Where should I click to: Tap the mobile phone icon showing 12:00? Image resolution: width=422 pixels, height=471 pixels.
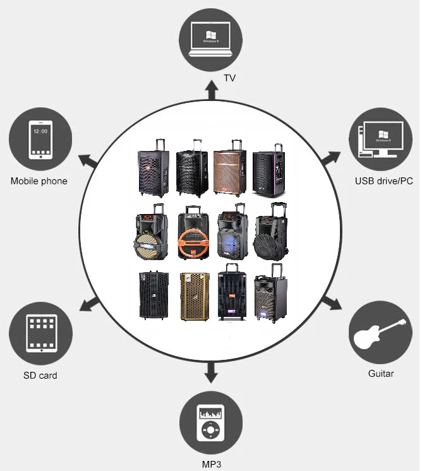(40, 140)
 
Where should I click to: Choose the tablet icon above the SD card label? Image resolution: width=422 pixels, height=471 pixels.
(40, 333)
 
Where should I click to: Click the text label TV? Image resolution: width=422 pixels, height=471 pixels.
(230, 79)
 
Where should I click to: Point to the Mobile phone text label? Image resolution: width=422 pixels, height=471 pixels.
(39, 181)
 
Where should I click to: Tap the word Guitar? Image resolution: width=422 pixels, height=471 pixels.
(381, 374)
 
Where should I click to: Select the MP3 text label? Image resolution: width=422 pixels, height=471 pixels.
(212, 465)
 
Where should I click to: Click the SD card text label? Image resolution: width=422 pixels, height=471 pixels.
(40, 376)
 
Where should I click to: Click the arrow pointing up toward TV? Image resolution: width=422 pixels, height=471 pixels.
(211, 91)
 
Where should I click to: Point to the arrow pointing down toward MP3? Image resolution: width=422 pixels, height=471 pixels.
(211, 375)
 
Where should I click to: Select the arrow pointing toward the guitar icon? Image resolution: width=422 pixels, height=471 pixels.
(334, 303)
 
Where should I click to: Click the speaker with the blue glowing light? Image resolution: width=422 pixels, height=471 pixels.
(229, 234)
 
